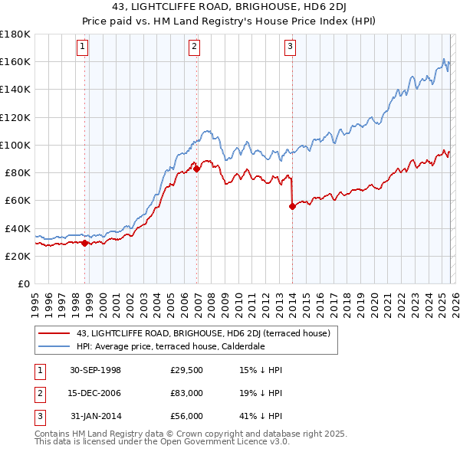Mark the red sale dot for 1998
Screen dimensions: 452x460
coord(85,243)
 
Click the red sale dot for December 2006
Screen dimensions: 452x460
coord(196,169)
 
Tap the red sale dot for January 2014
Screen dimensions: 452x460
coord(292,205)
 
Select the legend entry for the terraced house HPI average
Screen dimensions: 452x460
coord(170,346)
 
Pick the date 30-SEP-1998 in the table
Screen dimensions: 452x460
coord(95,370)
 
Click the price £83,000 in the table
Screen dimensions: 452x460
coord(186,393)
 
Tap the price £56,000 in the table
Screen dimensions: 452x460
coord(186,416)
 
